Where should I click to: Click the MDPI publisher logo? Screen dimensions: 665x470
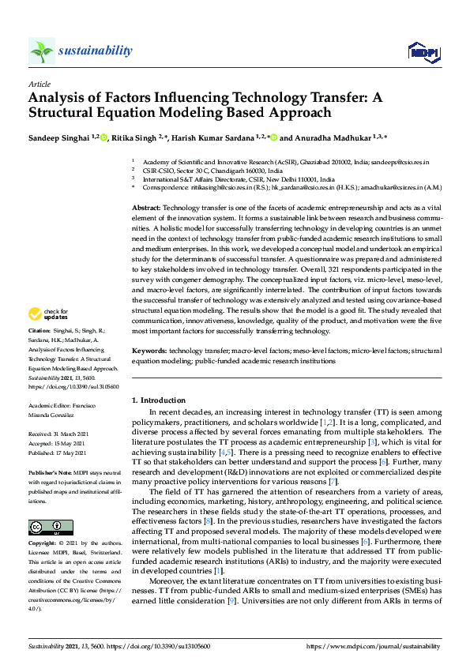tap(423, 52)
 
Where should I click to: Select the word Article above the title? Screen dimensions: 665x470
tap(39, 84)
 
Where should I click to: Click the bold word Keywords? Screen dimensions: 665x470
tap(149, 349)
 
